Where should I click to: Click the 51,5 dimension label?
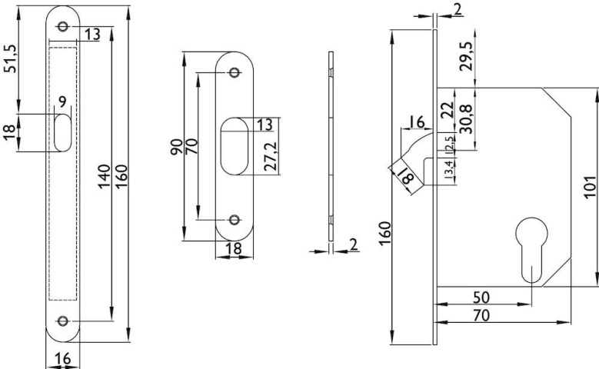(x=11, y=58)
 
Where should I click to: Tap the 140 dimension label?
(x=104, y=176)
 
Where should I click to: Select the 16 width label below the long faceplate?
(x=62, y=358)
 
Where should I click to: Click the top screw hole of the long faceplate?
(x=63, y=26)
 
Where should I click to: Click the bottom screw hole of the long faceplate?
(x=63, y=321)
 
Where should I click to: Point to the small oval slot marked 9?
(x=62, y=133)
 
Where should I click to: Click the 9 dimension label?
(x=62, y=101)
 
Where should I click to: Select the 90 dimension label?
(x=176, y=147)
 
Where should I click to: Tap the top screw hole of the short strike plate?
(x=235, y=72)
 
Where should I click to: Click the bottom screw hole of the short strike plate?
(x=235, y=220)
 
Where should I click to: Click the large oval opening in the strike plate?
(x=235, y=146)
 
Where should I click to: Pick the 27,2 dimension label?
(x=271, y=156)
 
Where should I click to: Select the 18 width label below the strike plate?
(x=234, y=248)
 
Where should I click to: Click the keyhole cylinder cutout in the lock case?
(x=531, y=248)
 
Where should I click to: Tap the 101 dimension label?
(x=590, y=187)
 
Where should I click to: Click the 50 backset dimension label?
(x=481, y=297)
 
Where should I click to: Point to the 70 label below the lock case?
(x=481, y=315)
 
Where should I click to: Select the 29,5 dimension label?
(x=466, y=56)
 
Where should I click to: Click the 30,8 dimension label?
(x=466, y=119)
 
